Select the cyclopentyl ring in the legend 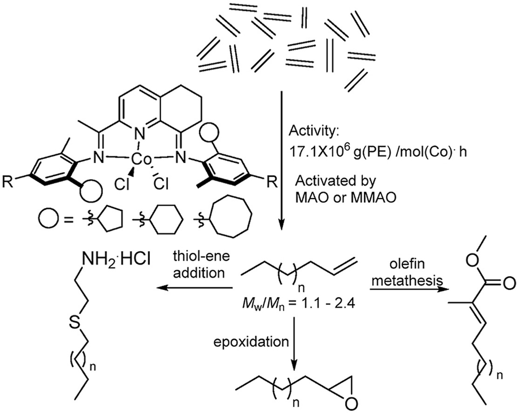pos(114,219)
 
